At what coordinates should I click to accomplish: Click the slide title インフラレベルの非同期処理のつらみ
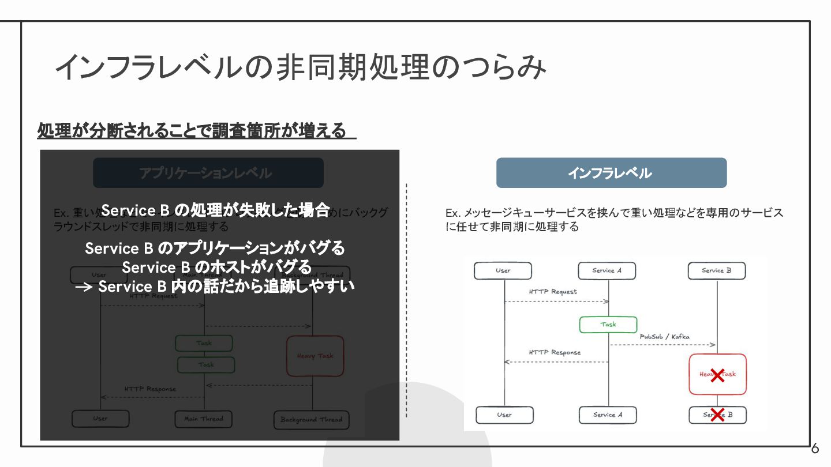click(300, 67)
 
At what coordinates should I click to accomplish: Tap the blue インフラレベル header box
click(611, 173)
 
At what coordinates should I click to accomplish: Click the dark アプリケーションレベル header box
click(208, 173)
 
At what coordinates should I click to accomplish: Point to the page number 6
click(815, 449)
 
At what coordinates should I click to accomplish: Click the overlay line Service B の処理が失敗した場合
click(215, 210)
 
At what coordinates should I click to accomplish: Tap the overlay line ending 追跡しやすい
click(215, 287)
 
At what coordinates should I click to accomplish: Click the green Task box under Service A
click(608, 325)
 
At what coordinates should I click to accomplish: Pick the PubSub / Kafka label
click(664, 337)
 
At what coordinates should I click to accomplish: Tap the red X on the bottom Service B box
click(717, 415)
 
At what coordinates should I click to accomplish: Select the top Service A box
click(607, 271)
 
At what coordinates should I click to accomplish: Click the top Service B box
click(716, 271)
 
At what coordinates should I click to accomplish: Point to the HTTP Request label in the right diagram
click(552, 292)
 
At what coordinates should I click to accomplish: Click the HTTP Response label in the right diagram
click(555, 352)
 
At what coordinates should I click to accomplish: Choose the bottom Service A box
click(608, 415)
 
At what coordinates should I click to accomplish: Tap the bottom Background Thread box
click(311, 420)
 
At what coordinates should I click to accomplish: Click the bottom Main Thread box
click(204, 419)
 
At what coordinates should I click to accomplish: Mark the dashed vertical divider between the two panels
click(406, 300)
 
